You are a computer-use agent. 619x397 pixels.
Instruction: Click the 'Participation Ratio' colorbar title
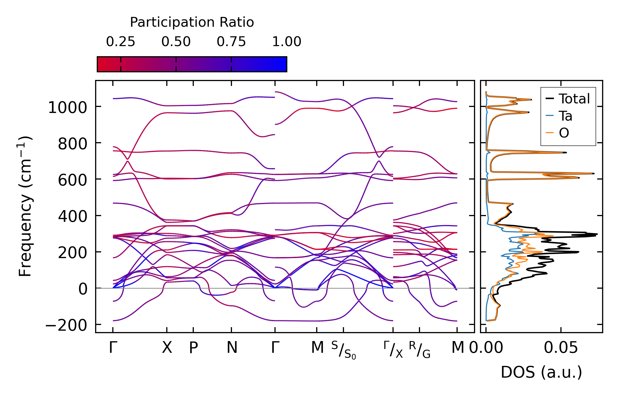point(192,22)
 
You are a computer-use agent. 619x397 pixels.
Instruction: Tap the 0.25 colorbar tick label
point(120,42)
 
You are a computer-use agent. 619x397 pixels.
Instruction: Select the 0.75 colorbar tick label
point(231,42)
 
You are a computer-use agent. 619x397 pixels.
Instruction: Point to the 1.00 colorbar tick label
point(286,42)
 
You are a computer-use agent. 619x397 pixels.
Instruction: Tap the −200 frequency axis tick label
point(66,325)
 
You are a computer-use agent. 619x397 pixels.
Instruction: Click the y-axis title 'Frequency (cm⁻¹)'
point(25,206)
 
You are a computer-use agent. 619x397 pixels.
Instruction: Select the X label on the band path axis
point(167,348)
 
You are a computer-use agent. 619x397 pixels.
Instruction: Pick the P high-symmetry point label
point(193,348)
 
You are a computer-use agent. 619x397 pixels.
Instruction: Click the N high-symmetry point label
point(232,348)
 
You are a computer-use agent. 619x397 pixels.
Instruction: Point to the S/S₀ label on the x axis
point(343,350)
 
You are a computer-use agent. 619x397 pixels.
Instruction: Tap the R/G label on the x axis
point(419,350)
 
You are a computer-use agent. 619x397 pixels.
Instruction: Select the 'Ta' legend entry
point(566,116)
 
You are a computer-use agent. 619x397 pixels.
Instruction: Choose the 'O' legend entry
point(564,133)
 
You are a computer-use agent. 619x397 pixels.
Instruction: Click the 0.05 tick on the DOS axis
point(561,348)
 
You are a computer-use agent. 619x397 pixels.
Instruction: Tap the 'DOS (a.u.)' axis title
point(541,372)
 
